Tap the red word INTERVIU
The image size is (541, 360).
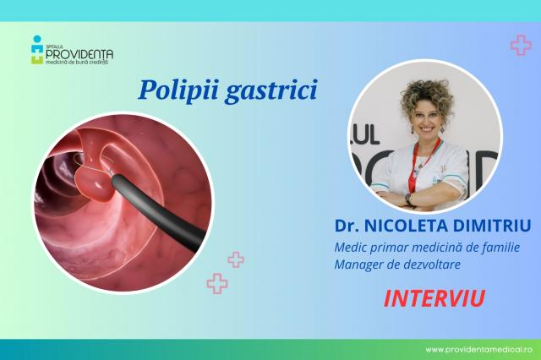(428, 298)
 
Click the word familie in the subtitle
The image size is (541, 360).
(495, 246)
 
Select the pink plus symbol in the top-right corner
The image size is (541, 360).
(520, 45)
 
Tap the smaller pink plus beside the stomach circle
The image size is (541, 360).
(236, 260)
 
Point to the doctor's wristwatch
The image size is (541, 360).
(407, 198)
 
